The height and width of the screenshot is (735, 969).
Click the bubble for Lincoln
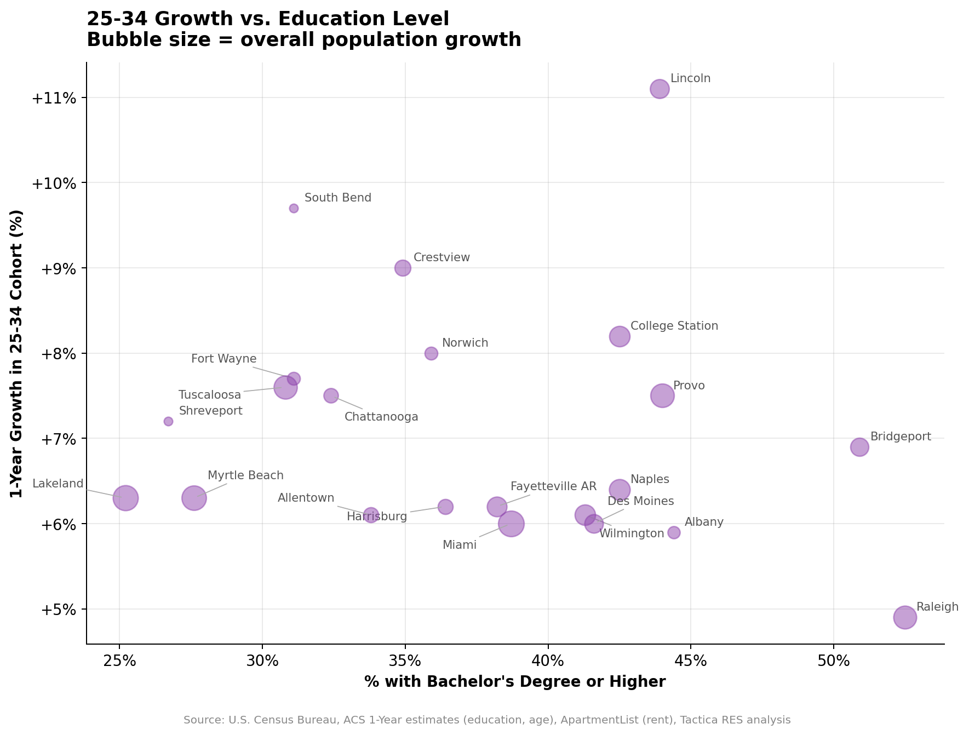(660, 89)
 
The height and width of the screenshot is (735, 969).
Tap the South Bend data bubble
(294, 208)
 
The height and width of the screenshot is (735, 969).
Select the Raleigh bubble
(905, 617)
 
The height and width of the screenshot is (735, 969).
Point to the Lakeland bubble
(125, 498)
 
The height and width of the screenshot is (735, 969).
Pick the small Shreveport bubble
(168, 421)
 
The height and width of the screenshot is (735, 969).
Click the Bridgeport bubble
(859, 447)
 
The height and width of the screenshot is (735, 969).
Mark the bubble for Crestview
(403, 268)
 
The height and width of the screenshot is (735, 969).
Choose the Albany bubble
(674, 532)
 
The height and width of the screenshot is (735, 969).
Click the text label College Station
(674, 326)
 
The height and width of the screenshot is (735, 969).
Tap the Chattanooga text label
(381, 417)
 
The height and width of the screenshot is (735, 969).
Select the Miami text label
(459, 545)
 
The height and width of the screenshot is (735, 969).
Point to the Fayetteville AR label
(553, 486)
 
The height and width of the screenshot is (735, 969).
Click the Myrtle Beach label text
(245, 475)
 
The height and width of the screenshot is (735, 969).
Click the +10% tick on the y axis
(53, 183)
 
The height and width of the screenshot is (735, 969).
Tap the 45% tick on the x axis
(691, 661)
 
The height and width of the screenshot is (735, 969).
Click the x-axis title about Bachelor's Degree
(515, 681)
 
